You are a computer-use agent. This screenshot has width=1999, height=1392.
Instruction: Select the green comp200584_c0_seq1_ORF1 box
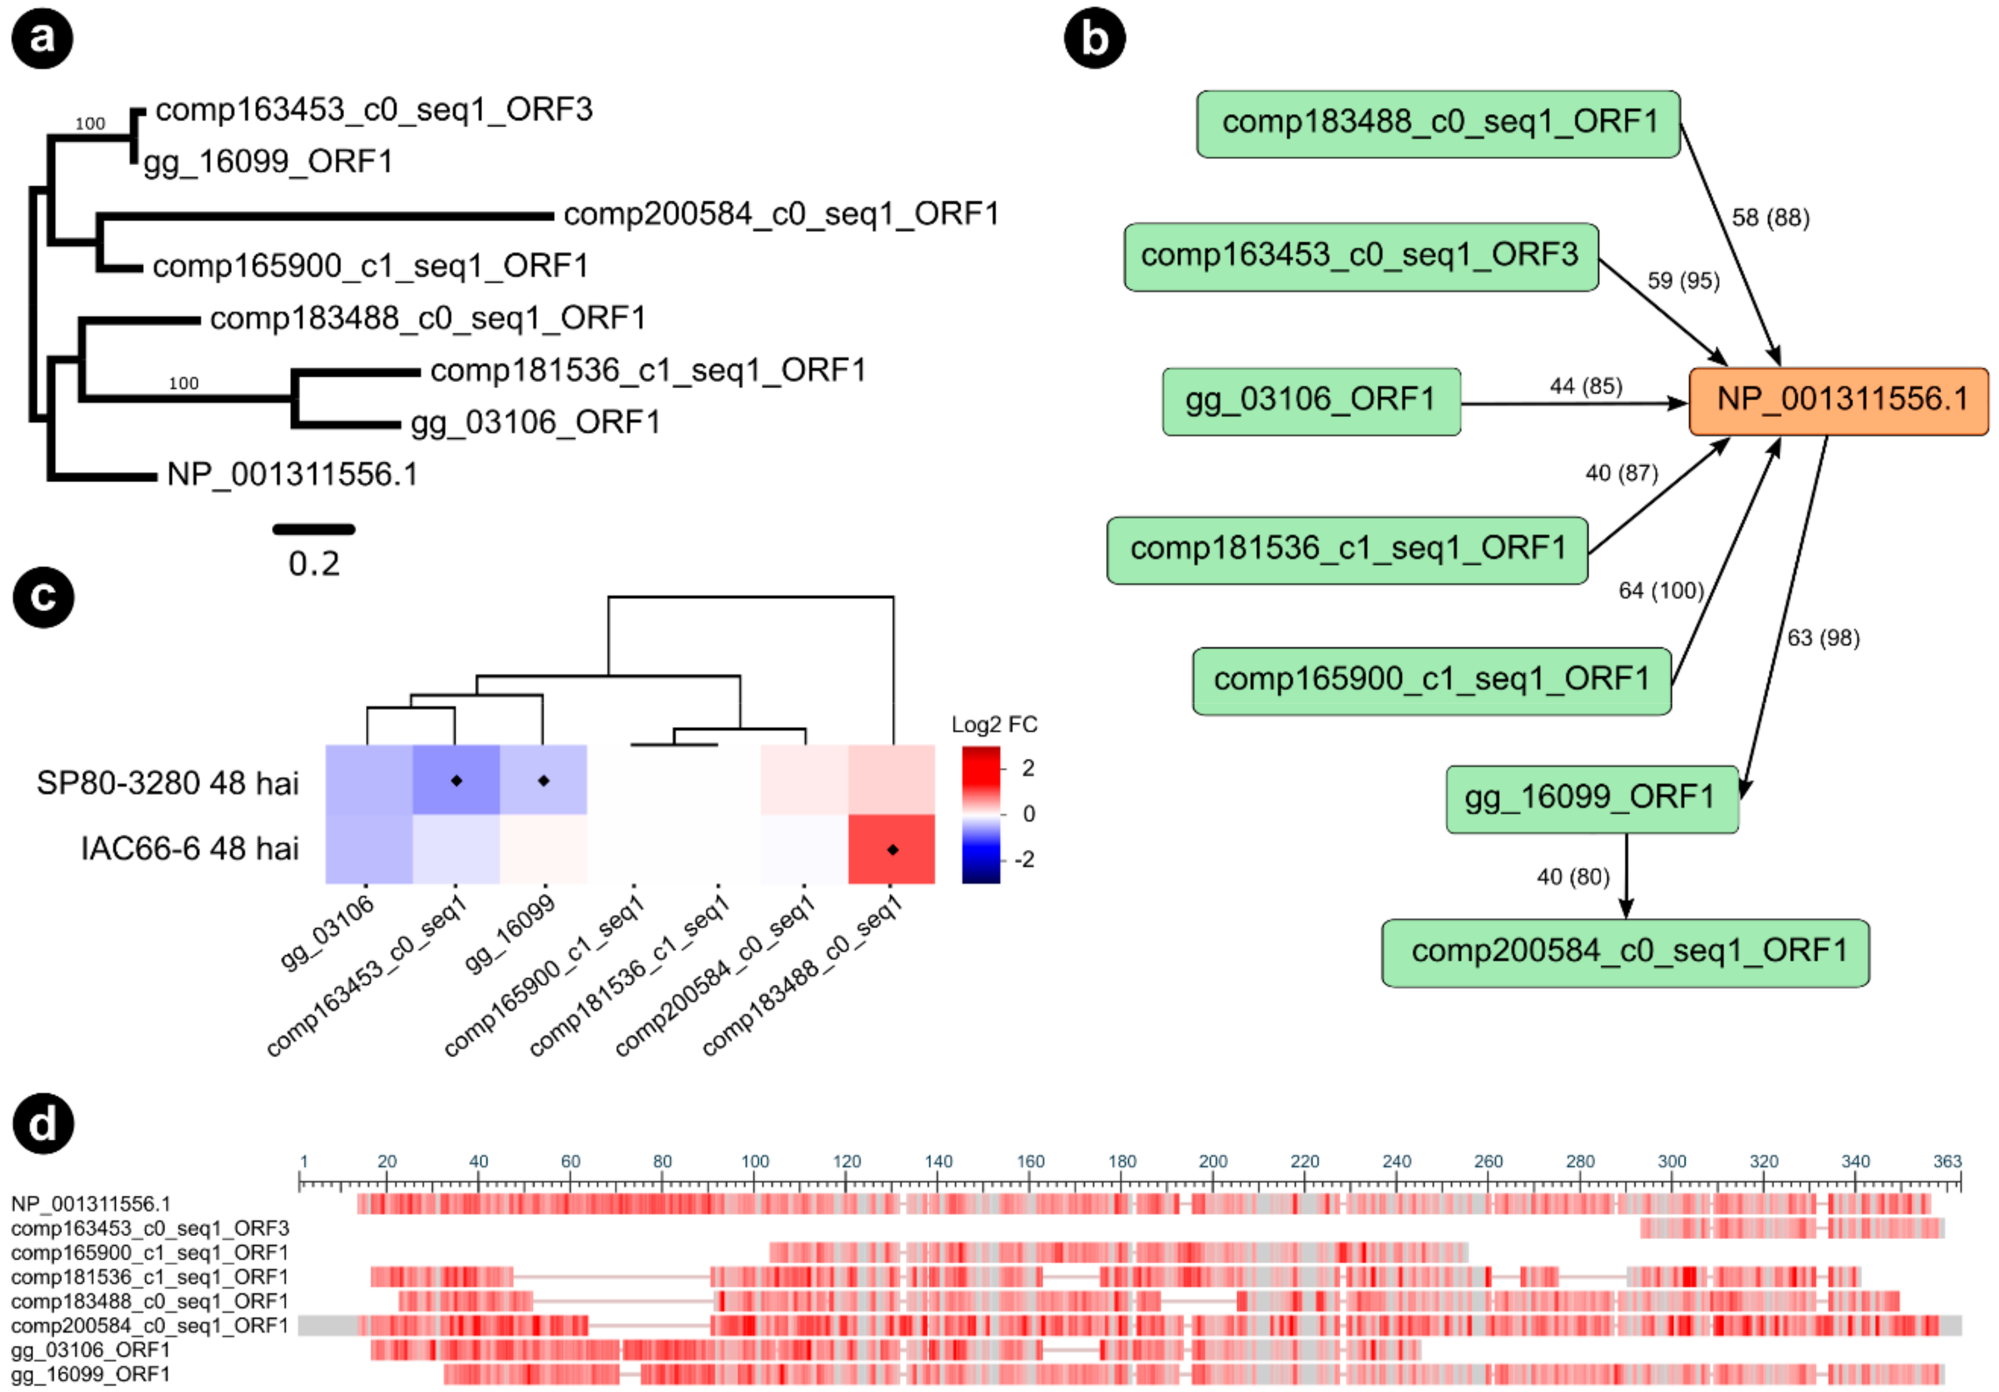point(1625,952)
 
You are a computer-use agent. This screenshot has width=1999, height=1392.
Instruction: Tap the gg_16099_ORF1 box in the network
point(1591,798)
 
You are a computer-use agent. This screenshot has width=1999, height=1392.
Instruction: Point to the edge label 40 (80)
point(1573,876)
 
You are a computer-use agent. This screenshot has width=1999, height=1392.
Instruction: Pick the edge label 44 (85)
point(1585,385)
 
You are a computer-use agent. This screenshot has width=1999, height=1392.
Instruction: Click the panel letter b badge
point(1094,39)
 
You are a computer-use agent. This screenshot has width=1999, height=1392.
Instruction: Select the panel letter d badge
point(43,1123)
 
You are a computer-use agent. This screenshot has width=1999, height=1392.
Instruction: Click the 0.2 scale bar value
point(314,564)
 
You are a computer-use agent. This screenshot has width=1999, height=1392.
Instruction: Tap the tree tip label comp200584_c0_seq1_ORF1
point(781,214)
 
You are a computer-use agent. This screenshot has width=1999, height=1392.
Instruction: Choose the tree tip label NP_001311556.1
point(292,474)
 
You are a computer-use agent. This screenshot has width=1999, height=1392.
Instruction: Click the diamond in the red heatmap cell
point(892,850)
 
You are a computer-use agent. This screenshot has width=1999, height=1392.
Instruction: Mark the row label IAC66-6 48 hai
point(189,848)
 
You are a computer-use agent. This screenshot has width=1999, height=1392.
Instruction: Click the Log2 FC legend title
point(994,724)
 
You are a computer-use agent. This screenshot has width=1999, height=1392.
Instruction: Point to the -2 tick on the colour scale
point(1025,860)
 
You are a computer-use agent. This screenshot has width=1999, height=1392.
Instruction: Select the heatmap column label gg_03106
point(328,932)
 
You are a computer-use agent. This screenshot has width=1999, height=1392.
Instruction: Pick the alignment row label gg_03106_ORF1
point(91,1349)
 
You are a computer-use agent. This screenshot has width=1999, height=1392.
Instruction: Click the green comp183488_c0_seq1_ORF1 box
point(1439,123)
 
